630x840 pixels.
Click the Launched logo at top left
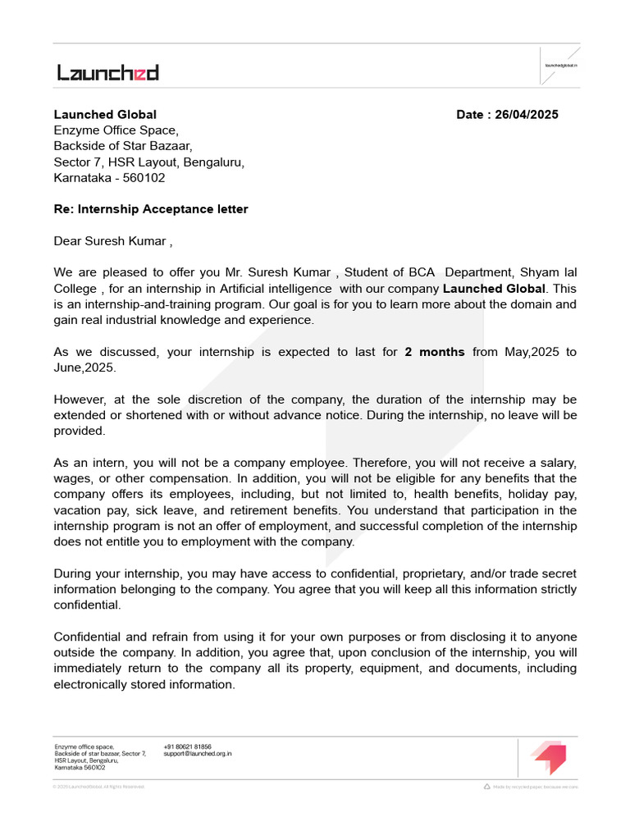tap(107, 73)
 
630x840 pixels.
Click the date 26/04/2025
tap(527, 115)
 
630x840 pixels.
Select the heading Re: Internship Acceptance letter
tap(151, 209)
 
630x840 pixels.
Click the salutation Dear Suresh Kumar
tap(111, 241)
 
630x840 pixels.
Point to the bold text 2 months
tap(435, 352)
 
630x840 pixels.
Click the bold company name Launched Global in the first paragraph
tap(494, 289)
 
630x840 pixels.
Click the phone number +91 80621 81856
tap(187, 746)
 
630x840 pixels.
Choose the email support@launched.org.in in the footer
tap(197, 753)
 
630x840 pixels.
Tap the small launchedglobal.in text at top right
tap(562, 64)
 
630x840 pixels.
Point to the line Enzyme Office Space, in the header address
tap(116, 130)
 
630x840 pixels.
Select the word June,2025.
tap(84, 367)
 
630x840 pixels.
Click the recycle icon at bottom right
tap(487, 787)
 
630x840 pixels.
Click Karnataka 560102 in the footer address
tap(80, 767)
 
